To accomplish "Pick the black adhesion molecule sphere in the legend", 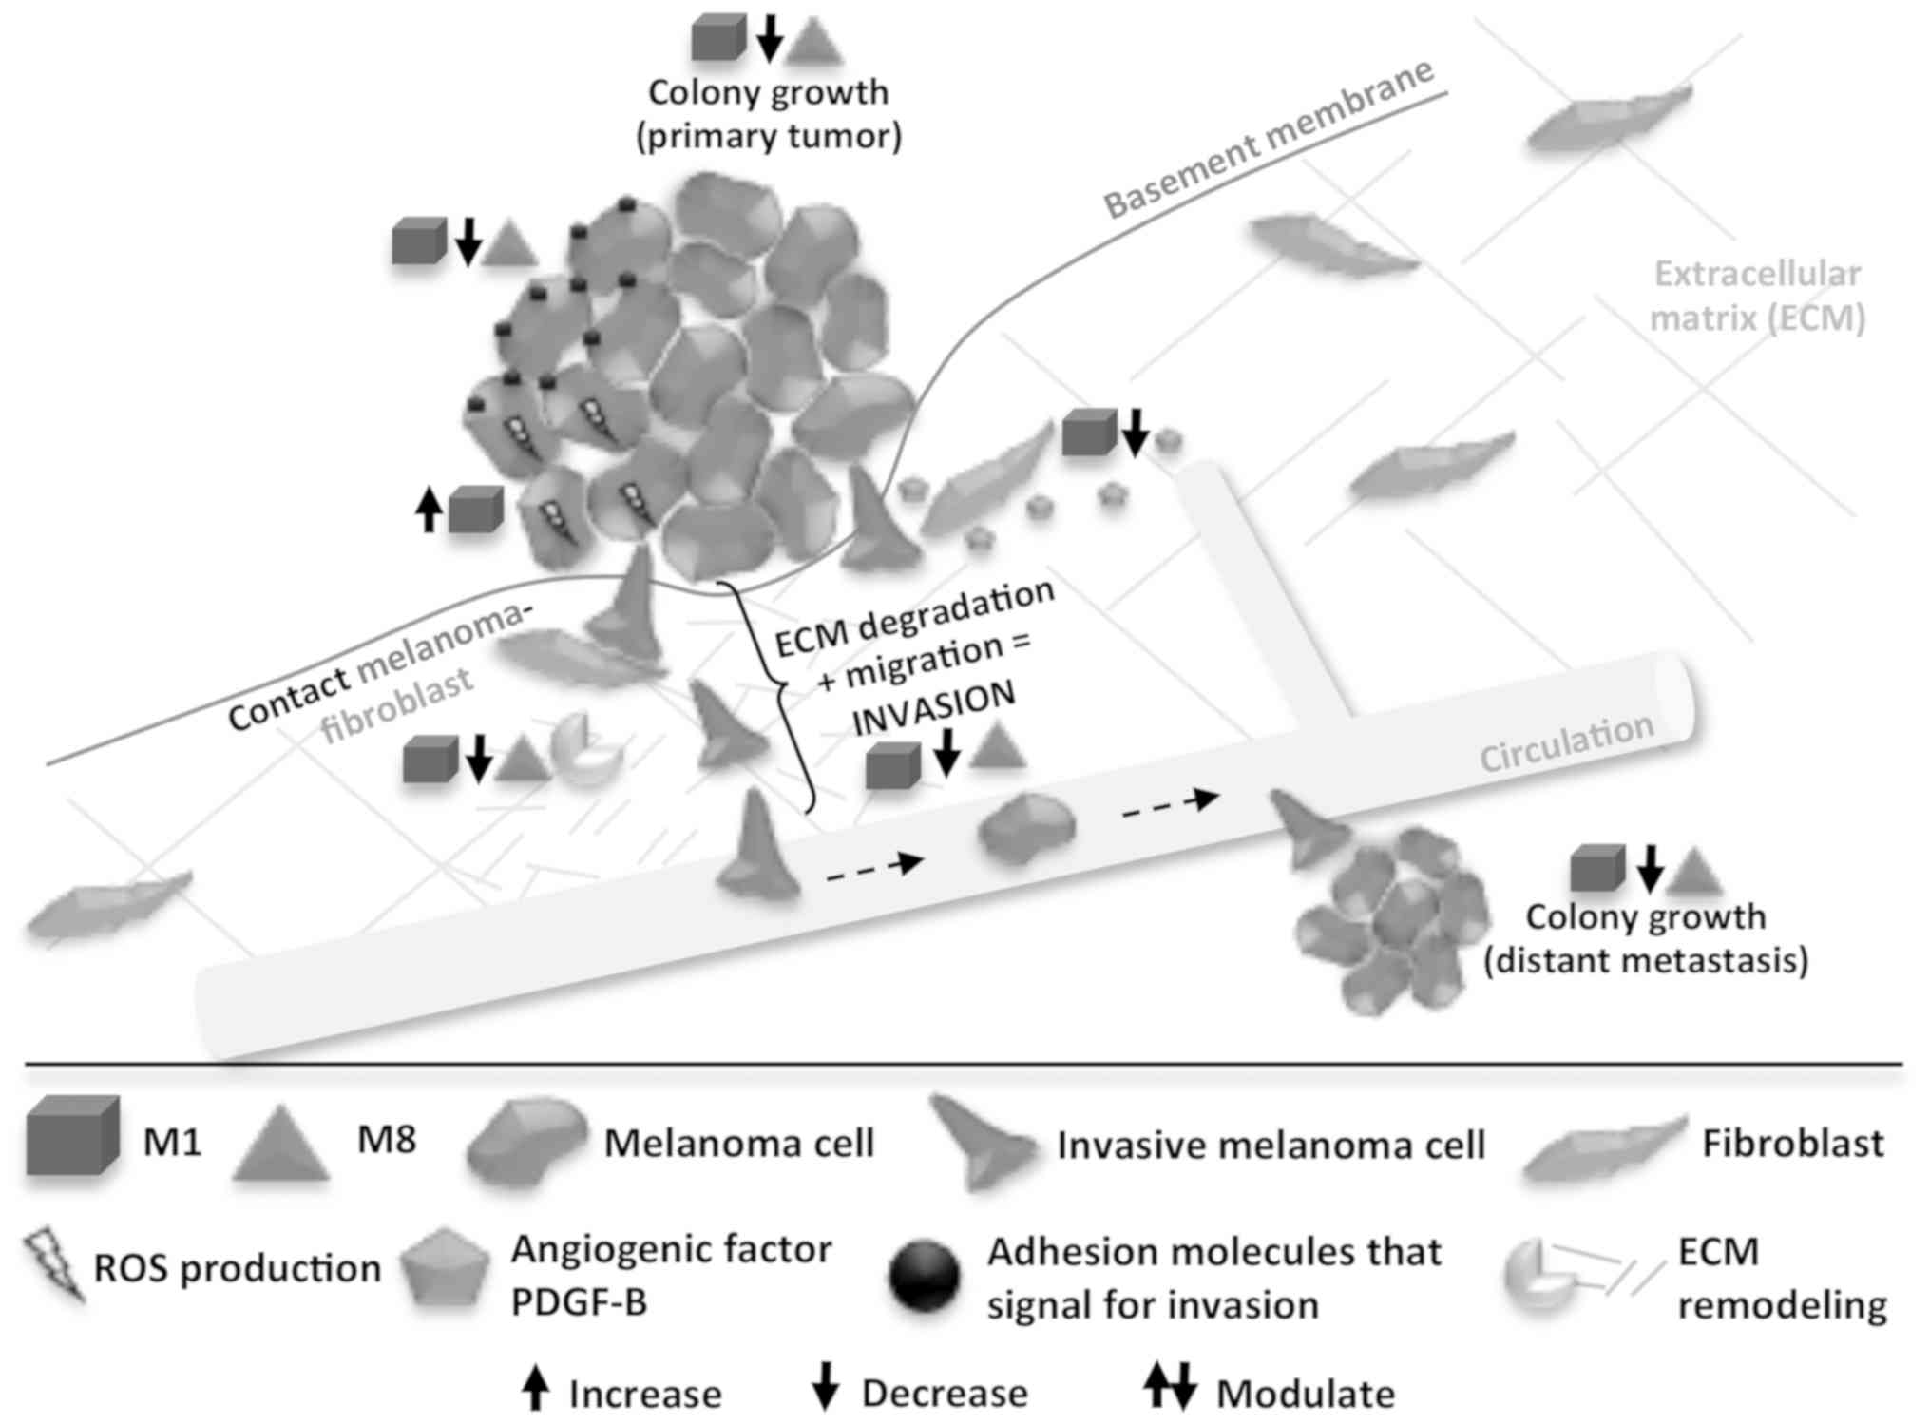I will (x=924, y=1276).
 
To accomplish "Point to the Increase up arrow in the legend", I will (x=536, y=1390).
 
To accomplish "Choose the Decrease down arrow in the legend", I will (x=825, y=1389).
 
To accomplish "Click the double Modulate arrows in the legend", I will (x=1170, y=1388).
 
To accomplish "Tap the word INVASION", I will (x=933, y=708).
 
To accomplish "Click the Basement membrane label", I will (x=1269, y=139).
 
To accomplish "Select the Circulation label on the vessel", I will (x=1567, y=742).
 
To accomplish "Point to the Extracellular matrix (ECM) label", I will (x=1757, y=296).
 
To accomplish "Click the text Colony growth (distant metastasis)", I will (x=1646, y=938).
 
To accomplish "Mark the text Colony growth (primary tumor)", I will (x=768, y=114).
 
